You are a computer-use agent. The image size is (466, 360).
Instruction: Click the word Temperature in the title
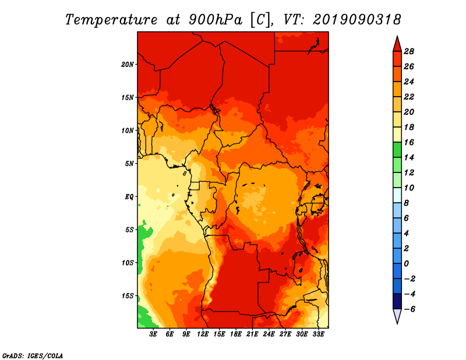tap(111, 20)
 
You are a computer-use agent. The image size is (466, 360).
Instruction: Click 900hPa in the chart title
tap(216, 20)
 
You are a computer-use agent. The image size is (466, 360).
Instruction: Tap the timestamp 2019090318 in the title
tap(357, 20)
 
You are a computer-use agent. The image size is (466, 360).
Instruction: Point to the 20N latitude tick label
tap(128, 65)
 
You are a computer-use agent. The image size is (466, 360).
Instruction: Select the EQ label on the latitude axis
tap(129, 197)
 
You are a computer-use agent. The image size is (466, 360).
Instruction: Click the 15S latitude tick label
tap(128, 296)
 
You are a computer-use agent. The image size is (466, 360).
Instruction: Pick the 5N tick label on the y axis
tap(129, 164)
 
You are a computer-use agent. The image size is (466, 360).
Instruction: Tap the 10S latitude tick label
tap(128, 263)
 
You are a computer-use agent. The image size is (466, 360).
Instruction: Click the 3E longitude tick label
tap(153, 334)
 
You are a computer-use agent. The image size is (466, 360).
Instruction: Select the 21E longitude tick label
tap(252, 334)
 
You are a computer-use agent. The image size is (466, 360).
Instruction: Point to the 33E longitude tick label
tap(318, 334)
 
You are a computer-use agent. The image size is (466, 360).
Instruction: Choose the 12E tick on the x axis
tap(202, 334)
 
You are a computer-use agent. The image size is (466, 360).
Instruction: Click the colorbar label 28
tap(409, 51)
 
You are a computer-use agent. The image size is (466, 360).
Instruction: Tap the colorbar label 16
tap(409, 142)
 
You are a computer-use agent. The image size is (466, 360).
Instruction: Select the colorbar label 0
tap(406, 264)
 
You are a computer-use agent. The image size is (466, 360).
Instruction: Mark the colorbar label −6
tap(409, 309)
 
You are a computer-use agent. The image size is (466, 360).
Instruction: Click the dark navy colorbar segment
tap(397, 301)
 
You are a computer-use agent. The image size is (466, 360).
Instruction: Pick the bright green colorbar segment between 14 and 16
tap(397, 150)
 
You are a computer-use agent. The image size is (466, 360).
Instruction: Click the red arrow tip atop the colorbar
tap(397, 36)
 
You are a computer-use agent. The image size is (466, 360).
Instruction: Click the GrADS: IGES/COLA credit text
tap(33, 356)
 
